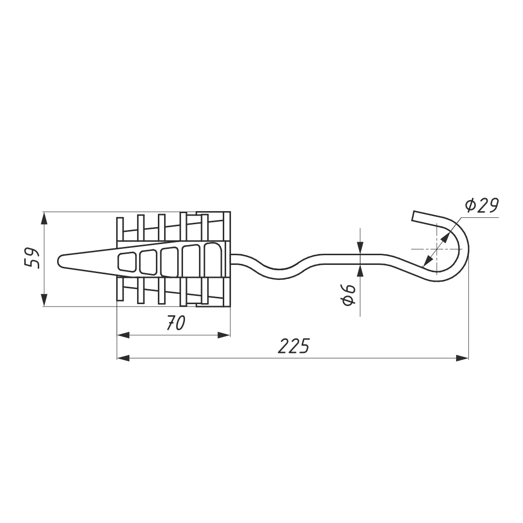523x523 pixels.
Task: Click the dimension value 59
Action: (33, 258)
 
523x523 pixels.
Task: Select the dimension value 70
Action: (175, 323)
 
